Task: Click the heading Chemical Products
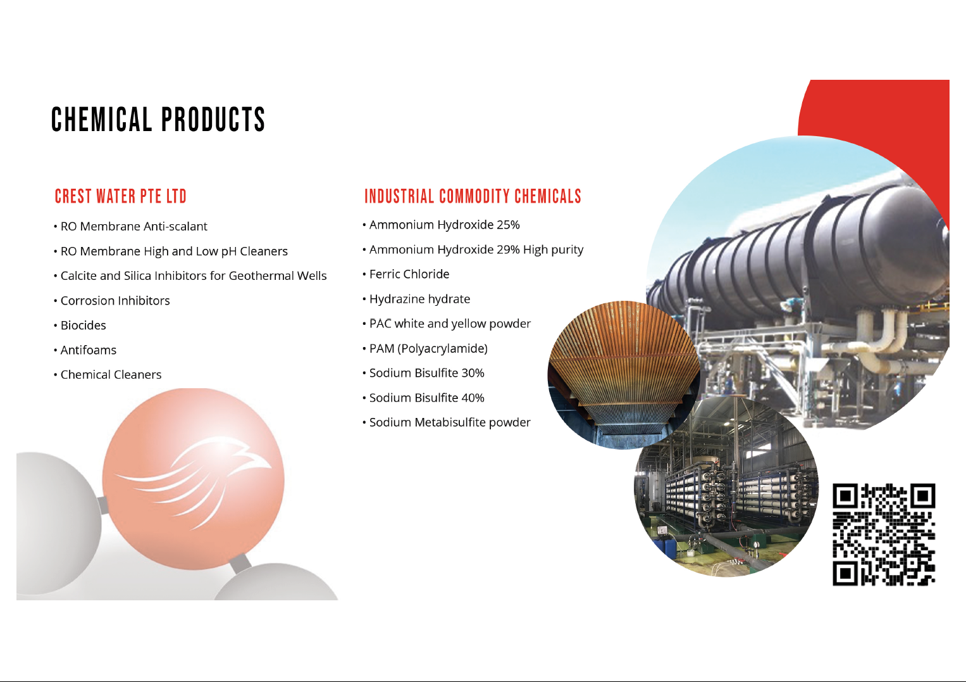pos(158,119)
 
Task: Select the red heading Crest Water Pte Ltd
pos(120,196)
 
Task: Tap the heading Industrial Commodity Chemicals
pos(473,196)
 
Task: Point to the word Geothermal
pos(259,276)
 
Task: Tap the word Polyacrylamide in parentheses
pos(442,348)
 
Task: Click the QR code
pos(884,535)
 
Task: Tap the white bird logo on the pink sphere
pos(193,480)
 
